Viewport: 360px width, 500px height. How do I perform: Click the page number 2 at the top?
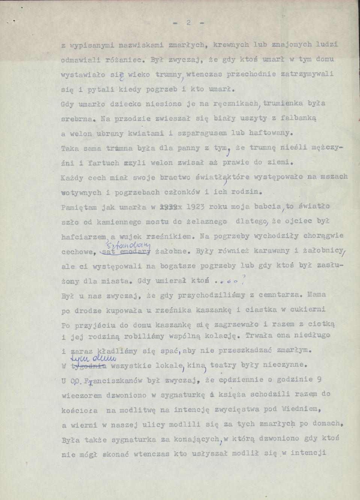tap(189, 23)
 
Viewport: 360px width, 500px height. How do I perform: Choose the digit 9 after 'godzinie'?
tap(318, 379)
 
